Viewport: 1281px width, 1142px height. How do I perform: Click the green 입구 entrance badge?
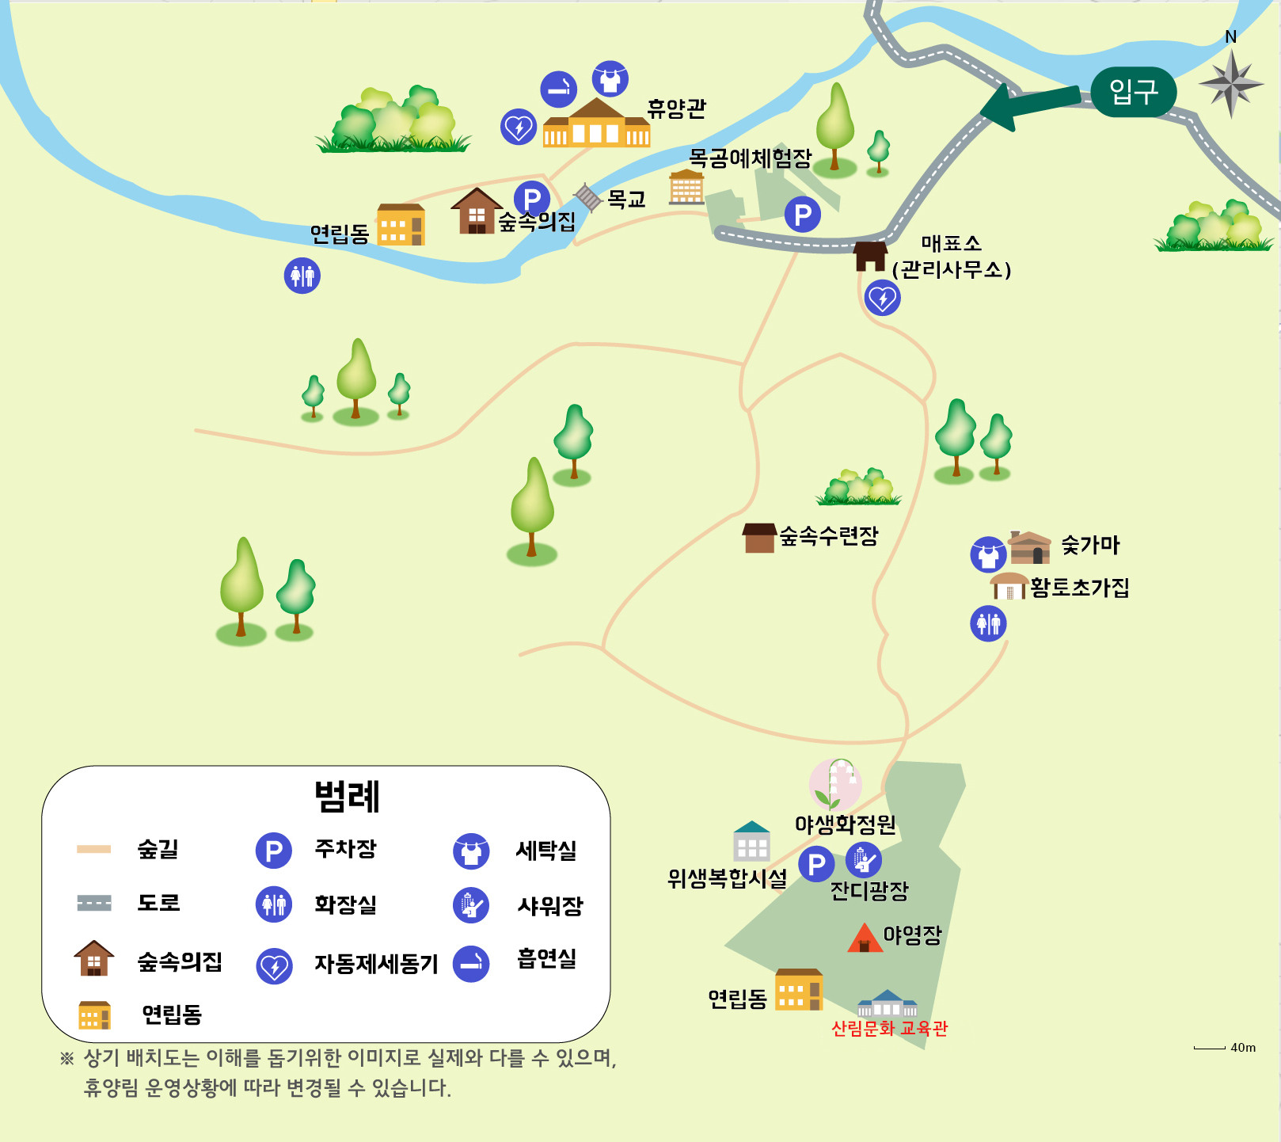click(x=1133, y=92)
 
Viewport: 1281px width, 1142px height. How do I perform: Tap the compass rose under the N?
click(x=1230, y=83)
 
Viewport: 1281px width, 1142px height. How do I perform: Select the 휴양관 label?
click(x=676, y=108)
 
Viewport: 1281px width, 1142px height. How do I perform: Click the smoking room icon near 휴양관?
click(x=558, y=89)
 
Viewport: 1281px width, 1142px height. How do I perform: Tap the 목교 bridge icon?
click(x=588, y=196)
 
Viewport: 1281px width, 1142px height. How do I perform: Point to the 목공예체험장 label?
click(x=750, y=158)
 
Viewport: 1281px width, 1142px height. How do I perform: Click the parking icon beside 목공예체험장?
click(x=802, y=214)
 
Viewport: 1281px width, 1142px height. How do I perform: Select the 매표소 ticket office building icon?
click(x=869, y=256)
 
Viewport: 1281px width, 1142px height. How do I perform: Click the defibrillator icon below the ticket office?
click(x=882, y=299)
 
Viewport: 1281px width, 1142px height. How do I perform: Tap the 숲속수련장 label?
click(x=829, y=536)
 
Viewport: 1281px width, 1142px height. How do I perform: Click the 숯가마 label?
click(x=1090, y=545)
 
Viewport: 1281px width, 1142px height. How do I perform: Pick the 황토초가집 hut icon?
click(x=1009, y=586)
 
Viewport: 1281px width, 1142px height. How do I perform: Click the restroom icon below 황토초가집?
click(x=988, y=623)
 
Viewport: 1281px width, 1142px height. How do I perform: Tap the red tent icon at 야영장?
click(x=865, y=938)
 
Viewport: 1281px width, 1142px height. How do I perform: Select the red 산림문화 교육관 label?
click(x=889, y=1028)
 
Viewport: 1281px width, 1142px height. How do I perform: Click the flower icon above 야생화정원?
click(x=835, y=783)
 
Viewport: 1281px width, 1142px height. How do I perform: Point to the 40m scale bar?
click(x=1209, y=1048)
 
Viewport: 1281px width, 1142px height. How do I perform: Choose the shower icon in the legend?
click(x=471, y=905)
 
